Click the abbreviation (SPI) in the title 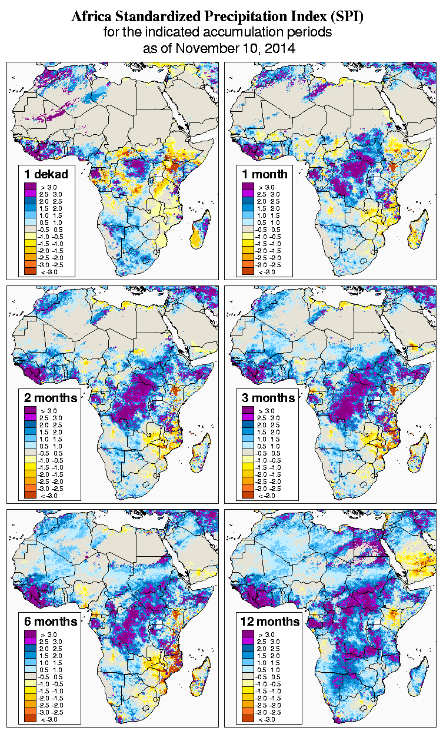[x=348, y=17]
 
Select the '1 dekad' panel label [x=46, y=174]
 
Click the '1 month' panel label [x=265, y=174]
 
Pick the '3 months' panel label [x=269, y=398]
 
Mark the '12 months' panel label [x=271, y=622]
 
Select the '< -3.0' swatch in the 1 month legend [x=247, y=272]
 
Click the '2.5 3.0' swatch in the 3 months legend [x=247, y=418]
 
